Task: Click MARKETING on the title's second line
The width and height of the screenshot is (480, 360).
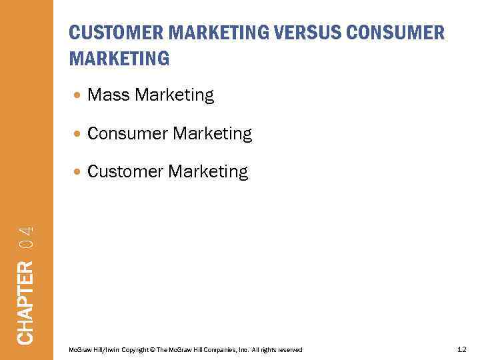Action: [119, 59]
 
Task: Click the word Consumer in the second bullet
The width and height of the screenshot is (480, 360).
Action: [127, 134]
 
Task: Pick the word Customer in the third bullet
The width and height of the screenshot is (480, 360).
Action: [125, 172]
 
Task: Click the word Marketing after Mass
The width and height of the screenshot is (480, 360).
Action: [174, 96]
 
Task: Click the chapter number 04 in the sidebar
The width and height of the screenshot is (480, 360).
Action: [25, 239]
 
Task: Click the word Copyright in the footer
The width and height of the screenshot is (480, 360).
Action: [137, 350]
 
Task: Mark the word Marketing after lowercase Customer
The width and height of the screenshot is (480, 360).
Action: [208, 172]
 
